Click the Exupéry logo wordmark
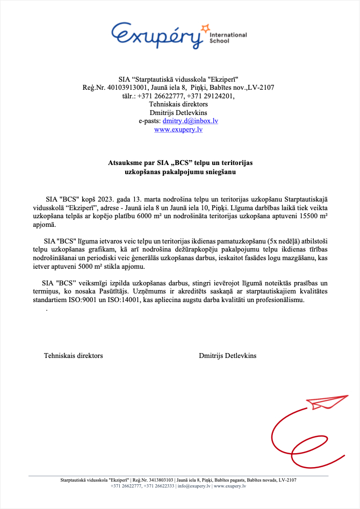pos(159,35)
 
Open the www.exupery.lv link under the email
pos(178,130)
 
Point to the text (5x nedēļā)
pos(291,241)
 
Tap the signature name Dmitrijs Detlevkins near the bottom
pos(227,356)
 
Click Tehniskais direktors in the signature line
pos(74,356)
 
